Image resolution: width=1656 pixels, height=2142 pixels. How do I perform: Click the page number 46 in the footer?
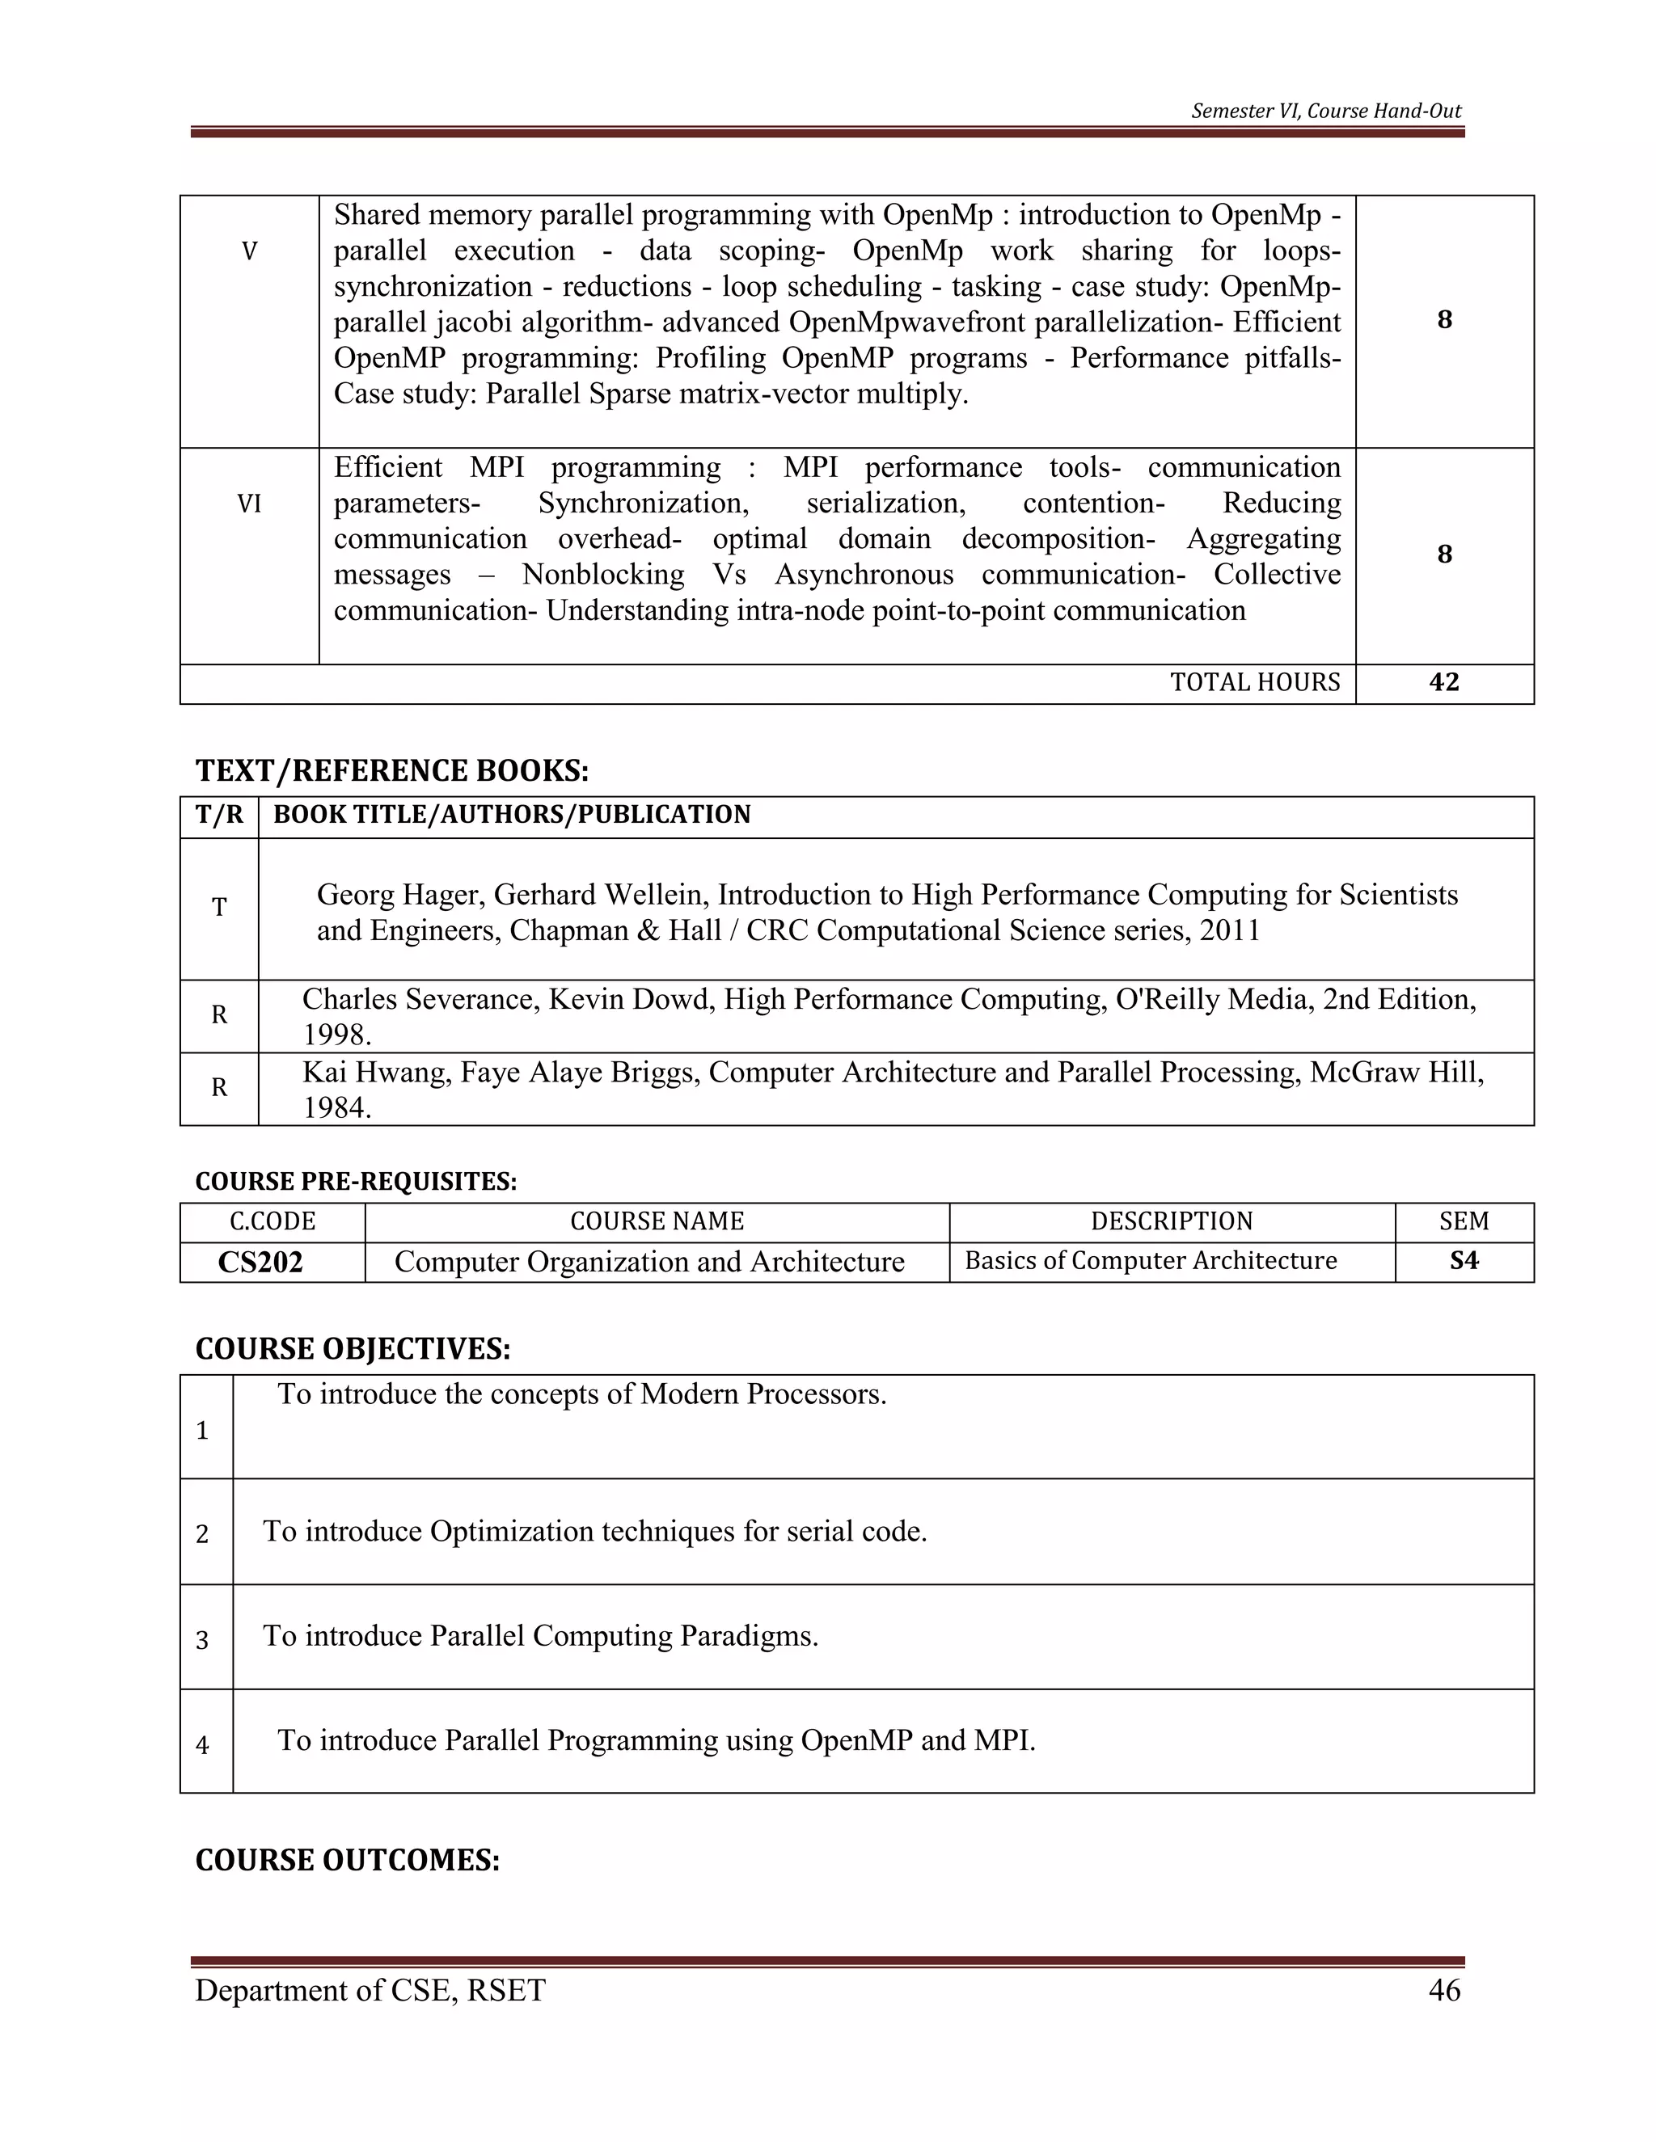(1444, 1990)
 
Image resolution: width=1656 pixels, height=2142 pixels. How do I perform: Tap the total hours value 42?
(1444, 683)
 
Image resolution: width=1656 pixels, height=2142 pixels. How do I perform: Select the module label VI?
(249, 504)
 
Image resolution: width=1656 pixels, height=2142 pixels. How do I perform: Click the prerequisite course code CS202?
(260, 1263)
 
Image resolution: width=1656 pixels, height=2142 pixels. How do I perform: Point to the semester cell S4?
(1464, 1260)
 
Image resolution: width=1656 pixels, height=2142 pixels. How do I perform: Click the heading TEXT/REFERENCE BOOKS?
(391, 771)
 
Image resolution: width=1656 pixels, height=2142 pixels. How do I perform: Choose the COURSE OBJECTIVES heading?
(353, 1350)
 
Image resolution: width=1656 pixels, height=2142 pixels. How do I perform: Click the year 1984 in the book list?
(335, 1108)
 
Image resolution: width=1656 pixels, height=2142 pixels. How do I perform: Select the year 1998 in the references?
(335, 1035)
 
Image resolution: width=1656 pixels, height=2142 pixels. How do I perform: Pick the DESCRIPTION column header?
(1172, 1221)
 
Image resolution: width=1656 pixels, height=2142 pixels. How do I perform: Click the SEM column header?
(1464, 1221)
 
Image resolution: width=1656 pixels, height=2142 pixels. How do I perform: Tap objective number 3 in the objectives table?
(202, 1641)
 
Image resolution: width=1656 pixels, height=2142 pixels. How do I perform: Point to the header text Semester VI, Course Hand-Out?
(1325, 111)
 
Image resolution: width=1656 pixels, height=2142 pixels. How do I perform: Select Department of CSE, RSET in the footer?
(370, 1990)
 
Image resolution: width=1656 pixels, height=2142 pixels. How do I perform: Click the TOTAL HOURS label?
(1254, 683)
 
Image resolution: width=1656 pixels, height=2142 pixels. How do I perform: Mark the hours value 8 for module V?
(1444, 320)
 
